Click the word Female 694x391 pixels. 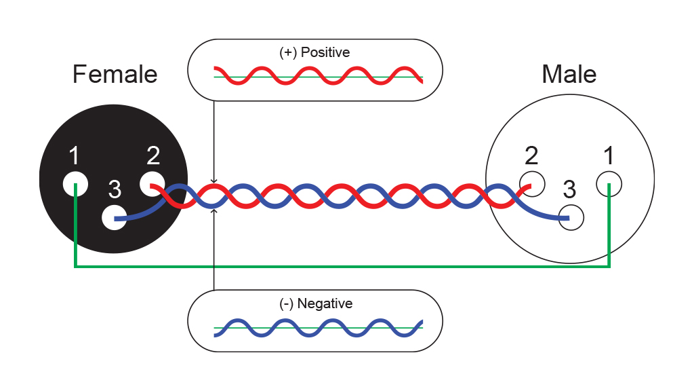(x=115, y=74)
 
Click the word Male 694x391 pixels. (x=569, y=74)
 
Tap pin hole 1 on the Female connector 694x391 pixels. (x=75, y=184)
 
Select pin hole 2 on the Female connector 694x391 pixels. (x=152, y=184)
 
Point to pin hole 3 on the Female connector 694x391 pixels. (x=114, y=217)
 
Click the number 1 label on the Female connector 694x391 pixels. (x=74, y=155)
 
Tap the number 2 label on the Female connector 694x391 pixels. (x=153, y=155)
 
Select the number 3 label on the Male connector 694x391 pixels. (x=569, y=189)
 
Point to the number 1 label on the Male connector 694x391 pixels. (x=609, y=155)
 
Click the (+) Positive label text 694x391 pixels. (x=314, y=52)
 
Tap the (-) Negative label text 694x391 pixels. (x=316, y=303)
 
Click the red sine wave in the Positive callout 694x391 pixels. (x=319, y=76)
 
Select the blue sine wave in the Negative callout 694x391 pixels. (x=319, y=328)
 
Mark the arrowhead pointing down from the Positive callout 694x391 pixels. (x=213, y=181)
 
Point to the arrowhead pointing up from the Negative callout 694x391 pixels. (x=213, y=211)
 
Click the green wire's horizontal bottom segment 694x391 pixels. (x=342, y=266)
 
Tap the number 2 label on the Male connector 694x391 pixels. (x=531, y=155)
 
